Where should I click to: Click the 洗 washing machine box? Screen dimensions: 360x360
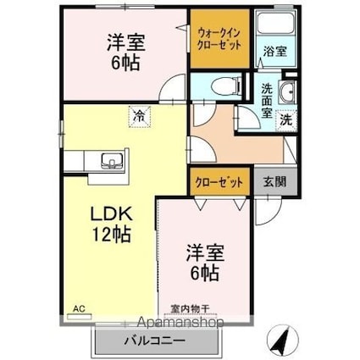coord(286,119)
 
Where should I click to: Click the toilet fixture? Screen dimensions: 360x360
coord(216,86)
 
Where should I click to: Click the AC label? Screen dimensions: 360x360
coord(79,309)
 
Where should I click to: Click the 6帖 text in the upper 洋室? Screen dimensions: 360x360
coord(125,65)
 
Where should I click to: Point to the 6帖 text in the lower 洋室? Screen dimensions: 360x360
coord(203,274)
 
